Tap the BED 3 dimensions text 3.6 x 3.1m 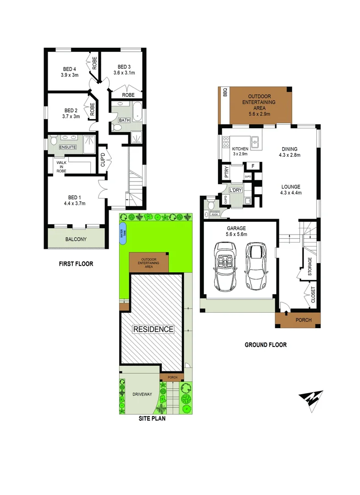125,72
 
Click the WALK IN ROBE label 61,166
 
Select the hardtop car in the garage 256,265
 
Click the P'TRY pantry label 226,173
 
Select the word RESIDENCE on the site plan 153,329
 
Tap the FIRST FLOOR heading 76,264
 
